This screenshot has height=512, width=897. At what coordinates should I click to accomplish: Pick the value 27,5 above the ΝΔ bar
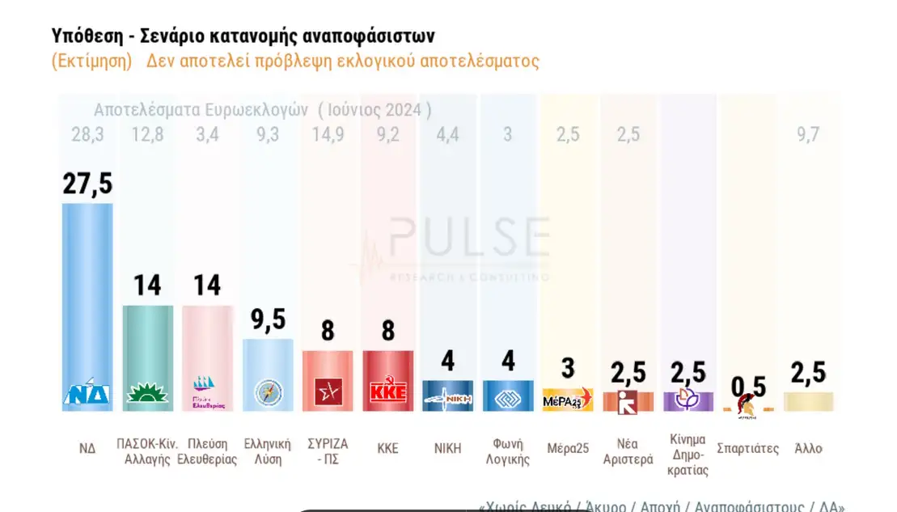87,184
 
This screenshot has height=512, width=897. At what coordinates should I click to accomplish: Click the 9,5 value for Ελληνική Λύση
269,319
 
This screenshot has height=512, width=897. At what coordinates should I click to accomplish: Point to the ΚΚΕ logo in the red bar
387,392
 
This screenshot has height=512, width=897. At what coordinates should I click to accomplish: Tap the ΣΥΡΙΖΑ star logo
328,392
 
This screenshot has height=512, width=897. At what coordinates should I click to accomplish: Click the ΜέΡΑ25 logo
568,399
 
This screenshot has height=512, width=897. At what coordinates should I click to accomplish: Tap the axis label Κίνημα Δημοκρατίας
688,455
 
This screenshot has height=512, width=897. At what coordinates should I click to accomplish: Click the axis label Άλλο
808,448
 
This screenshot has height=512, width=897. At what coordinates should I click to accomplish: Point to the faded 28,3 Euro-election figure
87,134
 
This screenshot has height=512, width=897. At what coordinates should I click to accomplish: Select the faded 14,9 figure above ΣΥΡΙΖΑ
328,134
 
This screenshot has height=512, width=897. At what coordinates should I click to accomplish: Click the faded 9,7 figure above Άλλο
808,134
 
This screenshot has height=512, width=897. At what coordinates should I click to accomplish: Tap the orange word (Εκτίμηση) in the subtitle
91,61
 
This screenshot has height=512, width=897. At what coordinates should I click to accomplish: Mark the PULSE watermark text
469,236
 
